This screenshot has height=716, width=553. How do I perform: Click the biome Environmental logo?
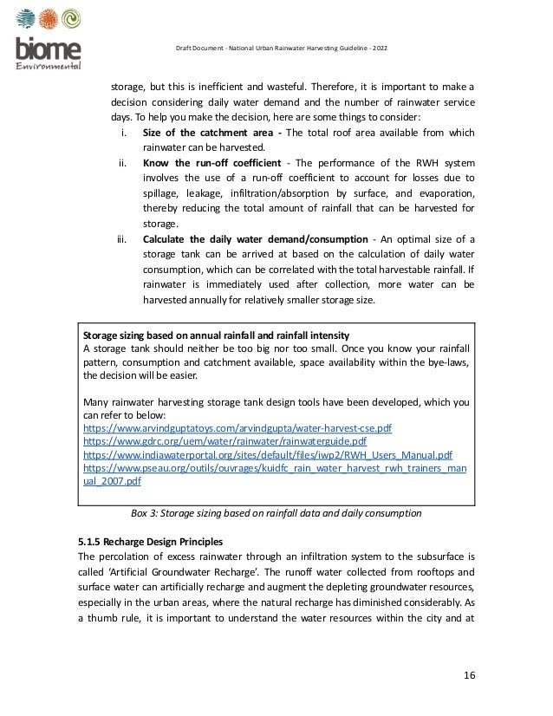click(x=49, y=39)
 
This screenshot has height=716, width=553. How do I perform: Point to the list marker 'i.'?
click(x=124, y=133)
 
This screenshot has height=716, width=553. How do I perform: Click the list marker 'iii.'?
click(x=122, y=239)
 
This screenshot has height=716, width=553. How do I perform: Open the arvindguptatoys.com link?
click(x=237, y=428)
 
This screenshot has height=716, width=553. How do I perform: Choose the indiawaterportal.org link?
click(x=267, y=454)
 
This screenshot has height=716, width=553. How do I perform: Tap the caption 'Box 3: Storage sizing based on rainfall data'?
click(x=275, y=512)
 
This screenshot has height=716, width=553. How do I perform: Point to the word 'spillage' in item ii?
click(x=164, y=192)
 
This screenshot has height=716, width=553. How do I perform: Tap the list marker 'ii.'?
click(x=123, y=162)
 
